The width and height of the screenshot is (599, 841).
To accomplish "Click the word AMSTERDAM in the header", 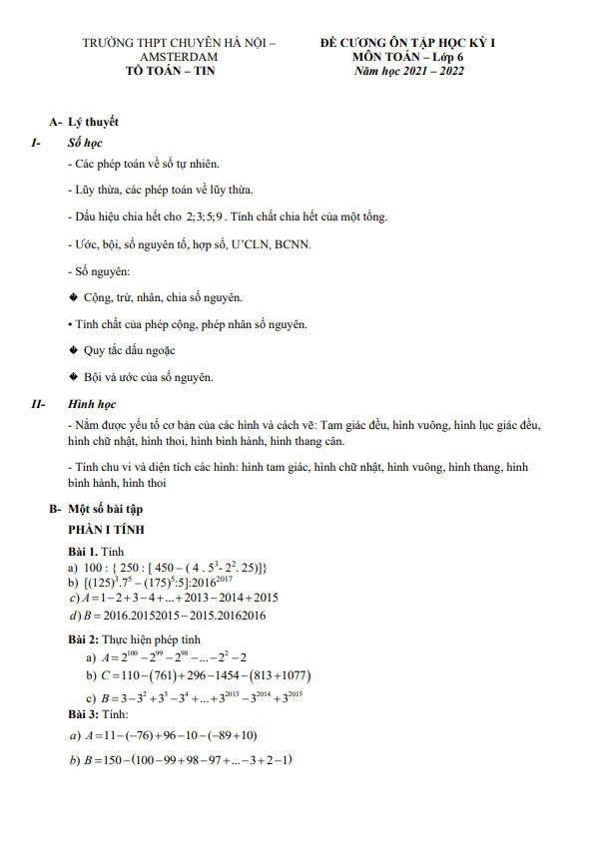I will [179, 58].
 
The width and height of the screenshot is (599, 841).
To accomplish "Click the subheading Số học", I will [85, 143].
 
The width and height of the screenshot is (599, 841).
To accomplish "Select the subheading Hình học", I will [92, 405].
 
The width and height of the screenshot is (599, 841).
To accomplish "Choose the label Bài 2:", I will [84, 638].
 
